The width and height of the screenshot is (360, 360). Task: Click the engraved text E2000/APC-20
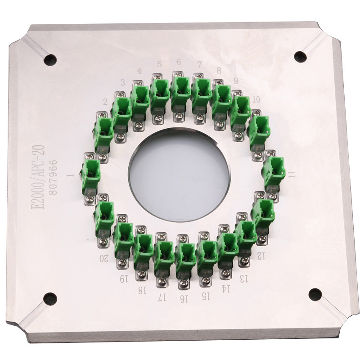click(x=38, y=177)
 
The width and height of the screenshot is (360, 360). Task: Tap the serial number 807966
click(x=53, y=177)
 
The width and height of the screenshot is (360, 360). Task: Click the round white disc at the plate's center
click(x=179, y=175)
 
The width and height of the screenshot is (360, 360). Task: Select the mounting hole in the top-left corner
click(x=50, y=60)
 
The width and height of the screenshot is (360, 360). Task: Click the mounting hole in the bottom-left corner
click(x=50, y=299)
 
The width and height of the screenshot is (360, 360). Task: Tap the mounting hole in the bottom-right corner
click(x=315, y=295)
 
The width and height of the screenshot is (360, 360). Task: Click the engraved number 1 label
click(x=71, y=175)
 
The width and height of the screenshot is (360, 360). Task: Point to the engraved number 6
click(x=179, y=62)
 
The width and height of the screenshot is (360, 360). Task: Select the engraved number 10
click(x=256, y=99)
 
